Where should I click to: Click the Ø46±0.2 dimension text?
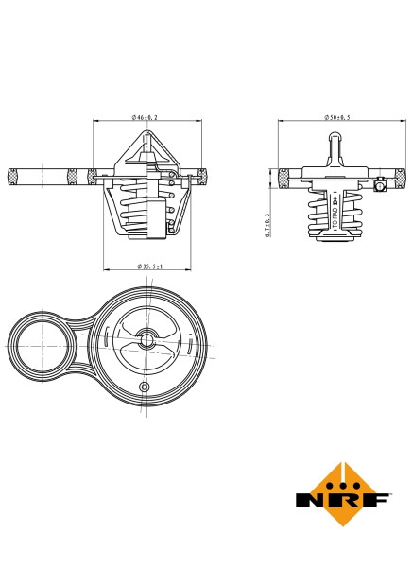(146, 116)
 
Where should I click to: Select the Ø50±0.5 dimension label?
(336, 116)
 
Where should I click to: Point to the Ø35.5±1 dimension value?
(149, 267)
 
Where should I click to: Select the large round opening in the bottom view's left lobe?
(43, 346)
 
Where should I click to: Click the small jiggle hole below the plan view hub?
(144, 388)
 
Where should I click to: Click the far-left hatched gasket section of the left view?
(13, 174)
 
